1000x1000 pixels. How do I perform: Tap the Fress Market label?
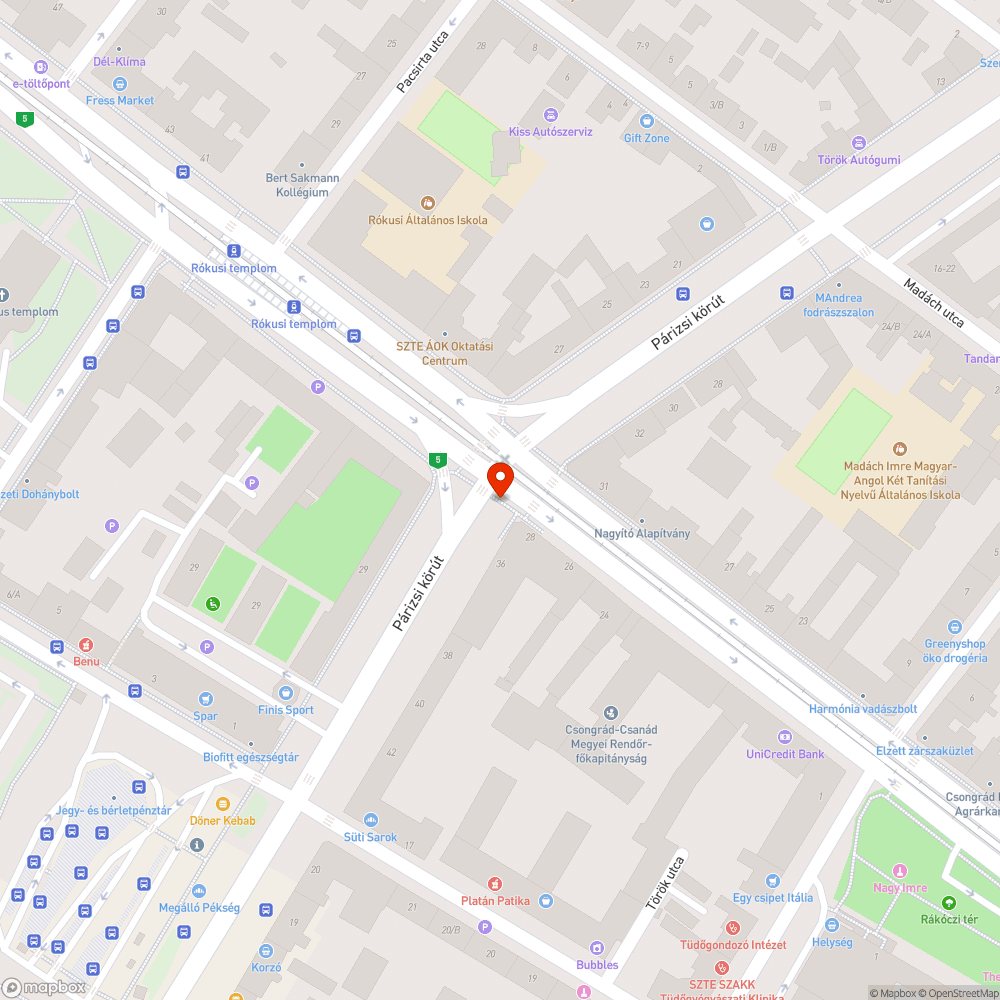click(120, 100)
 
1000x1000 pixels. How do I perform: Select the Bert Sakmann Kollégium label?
click(302, 185)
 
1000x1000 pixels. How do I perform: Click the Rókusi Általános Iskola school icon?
click(428, 202)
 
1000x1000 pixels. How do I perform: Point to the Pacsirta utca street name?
click(422, 61)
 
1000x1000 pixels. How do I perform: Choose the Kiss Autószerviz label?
click(550, 131)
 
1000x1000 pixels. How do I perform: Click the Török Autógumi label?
click(858, 160)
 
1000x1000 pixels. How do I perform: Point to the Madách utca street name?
click(933, 302)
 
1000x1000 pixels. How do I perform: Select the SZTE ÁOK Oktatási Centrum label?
click(445, 353)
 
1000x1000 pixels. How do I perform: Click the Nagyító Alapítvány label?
click(642, 533)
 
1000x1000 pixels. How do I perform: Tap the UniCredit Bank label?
click(785, 754)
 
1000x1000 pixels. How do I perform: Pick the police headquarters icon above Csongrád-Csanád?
click(610, 713)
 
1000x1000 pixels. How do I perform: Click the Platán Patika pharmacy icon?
click(494, 883)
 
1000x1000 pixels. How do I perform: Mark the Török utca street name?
click(665, 882)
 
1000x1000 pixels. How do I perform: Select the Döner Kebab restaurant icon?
click(222, 803)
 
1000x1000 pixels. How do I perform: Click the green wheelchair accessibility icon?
click(212, 603)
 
